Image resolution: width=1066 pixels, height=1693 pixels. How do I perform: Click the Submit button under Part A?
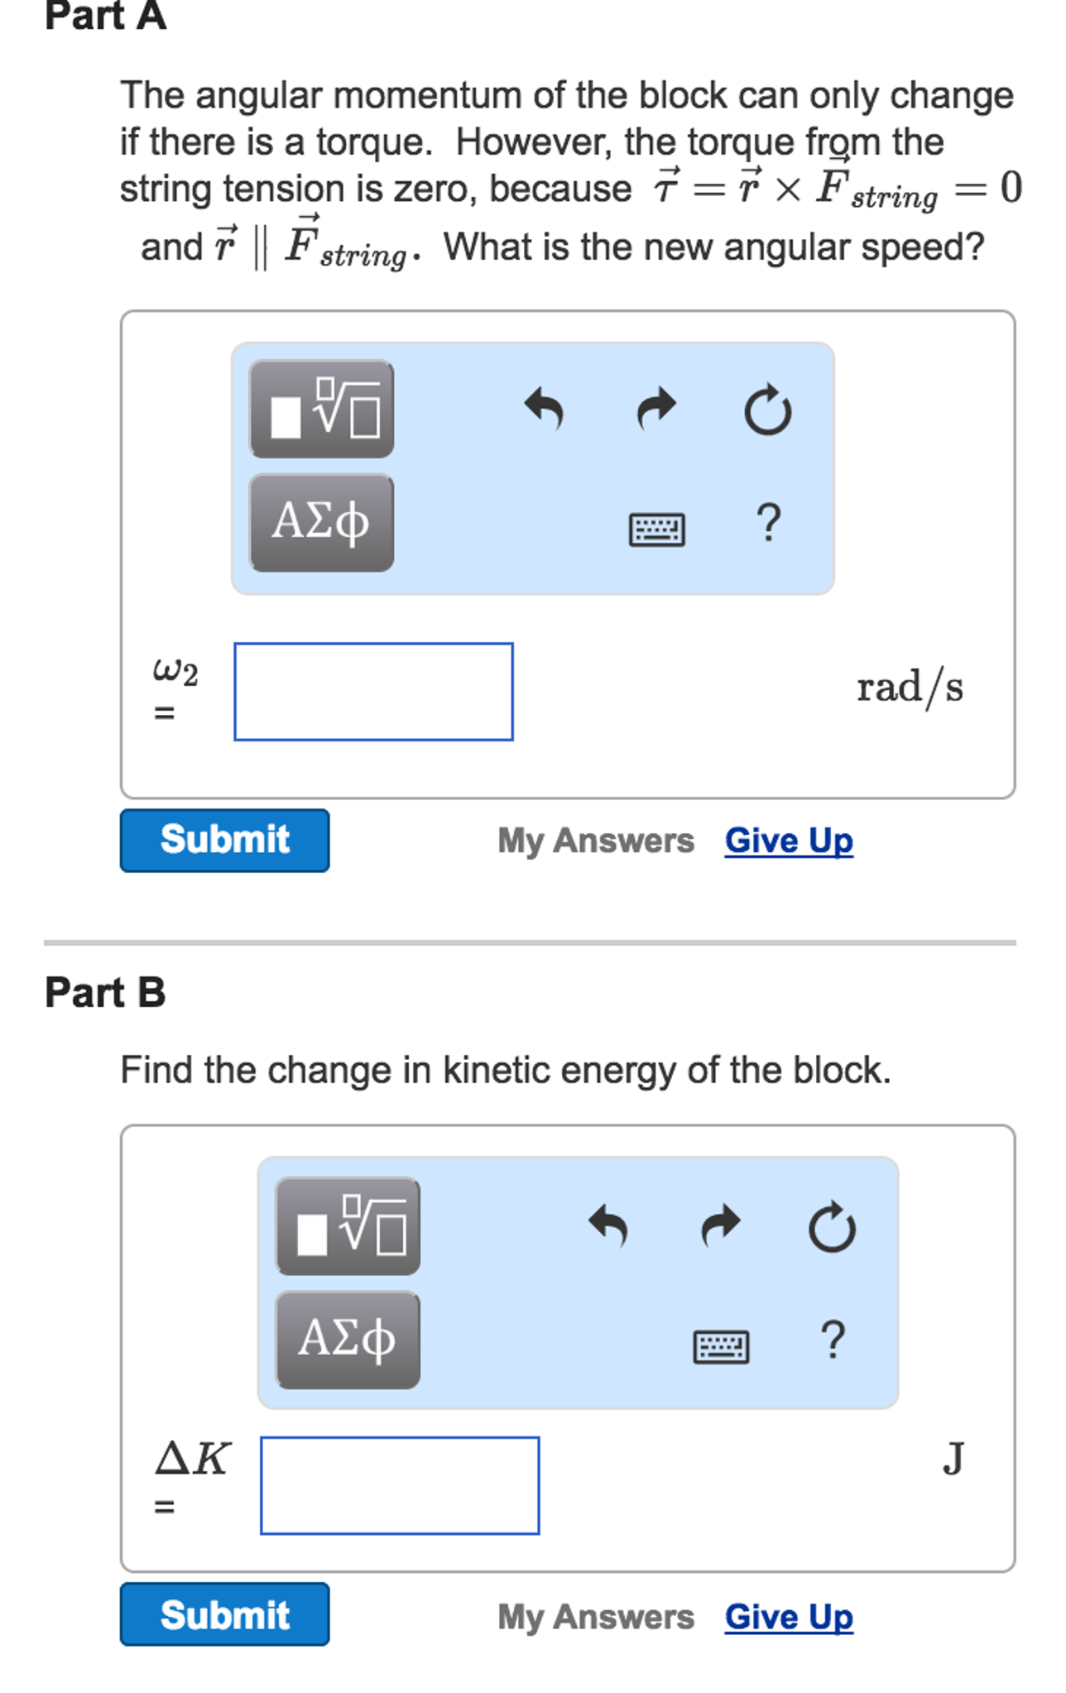(x=224, y=840)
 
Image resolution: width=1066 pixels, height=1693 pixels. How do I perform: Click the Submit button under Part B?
(x=224, y=1614)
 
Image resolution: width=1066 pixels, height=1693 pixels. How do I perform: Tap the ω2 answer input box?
(x=373, y=692)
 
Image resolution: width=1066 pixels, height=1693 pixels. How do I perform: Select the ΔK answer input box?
(x=400, y=1485)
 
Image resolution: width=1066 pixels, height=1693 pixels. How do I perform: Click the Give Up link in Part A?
(x=789, y=841)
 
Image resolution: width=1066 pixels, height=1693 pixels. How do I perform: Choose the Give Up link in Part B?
(x=789, y=1616)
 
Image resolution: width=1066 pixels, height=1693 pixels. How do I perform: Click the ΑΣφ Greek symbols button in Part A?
(x=321, y=522)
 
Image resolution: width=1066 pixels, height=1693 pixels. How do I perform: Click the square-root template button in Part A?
(x=321, y=409)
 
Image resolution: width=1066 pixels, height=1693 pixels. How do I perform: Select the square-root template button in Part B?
(x=348, y=1225)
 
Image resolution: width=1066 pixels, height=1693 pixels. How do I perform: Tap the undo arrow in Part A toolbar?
(x=545, y=409)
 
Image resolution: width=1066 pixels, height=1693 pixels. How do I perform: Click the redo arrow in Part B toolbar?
(x=721, y=1225)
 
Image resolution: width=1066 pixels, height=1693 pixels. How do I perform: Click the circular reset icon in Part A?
(x=767, y=409)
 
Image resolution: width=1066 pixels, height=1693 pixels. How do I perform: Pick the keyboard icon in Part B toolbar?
(x=721, y=1345)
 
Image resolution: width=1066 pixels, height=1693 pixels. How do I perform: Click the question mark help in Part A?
(x=768, y=523)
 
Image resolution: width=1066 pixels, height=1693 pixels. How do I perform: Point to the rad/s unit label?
(x=910, y=688)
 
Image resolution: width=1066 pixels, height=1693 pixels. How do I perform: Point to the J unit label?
(x=953, y=1458)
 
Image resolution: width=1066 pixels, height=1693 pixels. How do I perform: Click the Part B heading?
(x=105, y=992)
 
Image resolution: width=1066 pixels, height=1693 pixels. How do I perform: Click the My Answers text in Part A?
(x=596, y=841)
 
